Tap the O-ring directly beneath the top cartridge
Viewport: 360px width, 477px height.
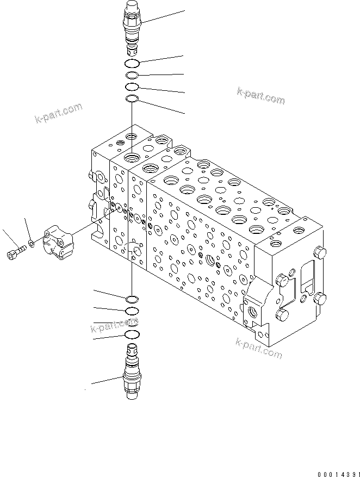132,63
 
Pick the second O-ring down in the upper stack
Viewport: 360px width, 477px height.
132,75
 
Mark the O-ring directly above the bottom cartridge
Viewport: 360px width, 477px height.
132,334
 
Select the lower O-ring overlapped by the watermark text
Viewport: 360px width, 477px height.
132,323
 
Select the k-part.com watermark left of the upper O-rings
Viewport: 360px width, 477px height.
58,113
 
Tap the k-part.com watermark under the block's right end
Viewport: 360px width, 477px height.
259,348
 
